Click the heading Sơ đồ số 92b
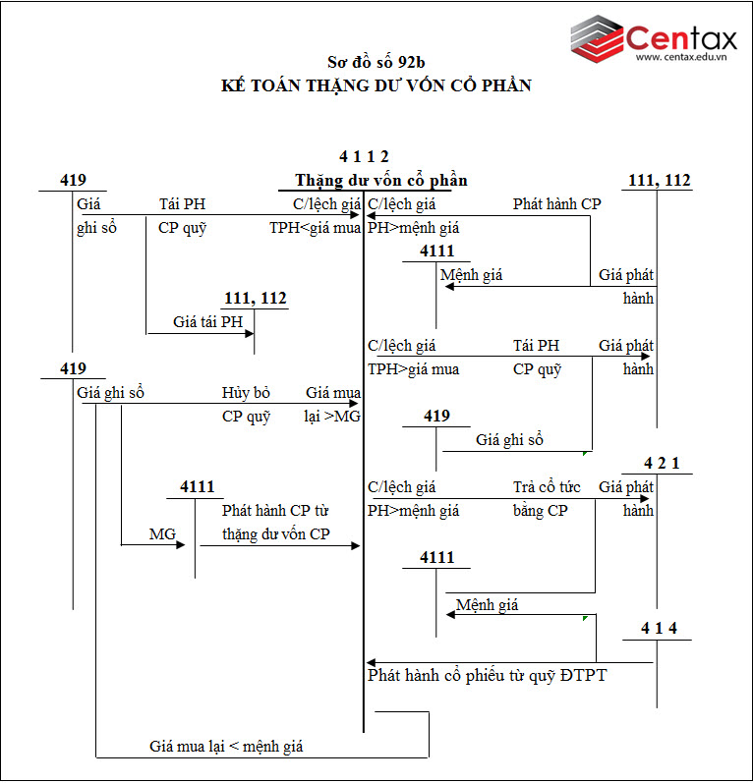pyautogui.click(x=376, y=62)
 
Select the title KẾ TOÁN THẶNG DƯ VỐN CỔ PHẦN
pyautogui.click(x=376, y=85)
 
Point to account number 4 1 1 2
pyautogui.click(x=364, y=156)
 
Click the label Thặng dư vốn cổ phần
pyautogui.click(x=380, y=181)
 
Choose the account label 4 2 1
pyautogui.click(x=662, y=464)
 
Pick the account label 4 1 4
pyautogui.click(x=659, y=629)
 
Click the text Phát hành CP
pyautogui.click(x=556, y=204)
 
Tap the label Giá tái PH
pyautogui.click(x=207, y=322)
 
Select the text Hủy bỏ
pyautogui.click(x=246, y=393)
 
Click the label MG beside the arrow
pyautogui.click(x=162, y=534)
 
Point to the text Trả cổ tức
pyautogui.click(x=540, y=487)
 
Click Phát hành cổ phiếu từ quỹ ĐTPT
pyautogui.click(x=488, y=675)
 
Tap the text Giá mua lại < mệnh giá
pyautogui.click(x=226, y=747)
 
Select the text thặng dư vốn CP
pyautogui.click(x=276, y=534)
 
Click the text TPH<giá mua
pyautogui.click(x=316, y=229)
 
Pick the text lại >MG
pyautogui.click(x=333, y=417)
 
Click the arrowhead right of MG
pyautogui.click(x=181, y=544)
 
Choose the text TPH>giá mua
pyautogui.click(x=413, y=369)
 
